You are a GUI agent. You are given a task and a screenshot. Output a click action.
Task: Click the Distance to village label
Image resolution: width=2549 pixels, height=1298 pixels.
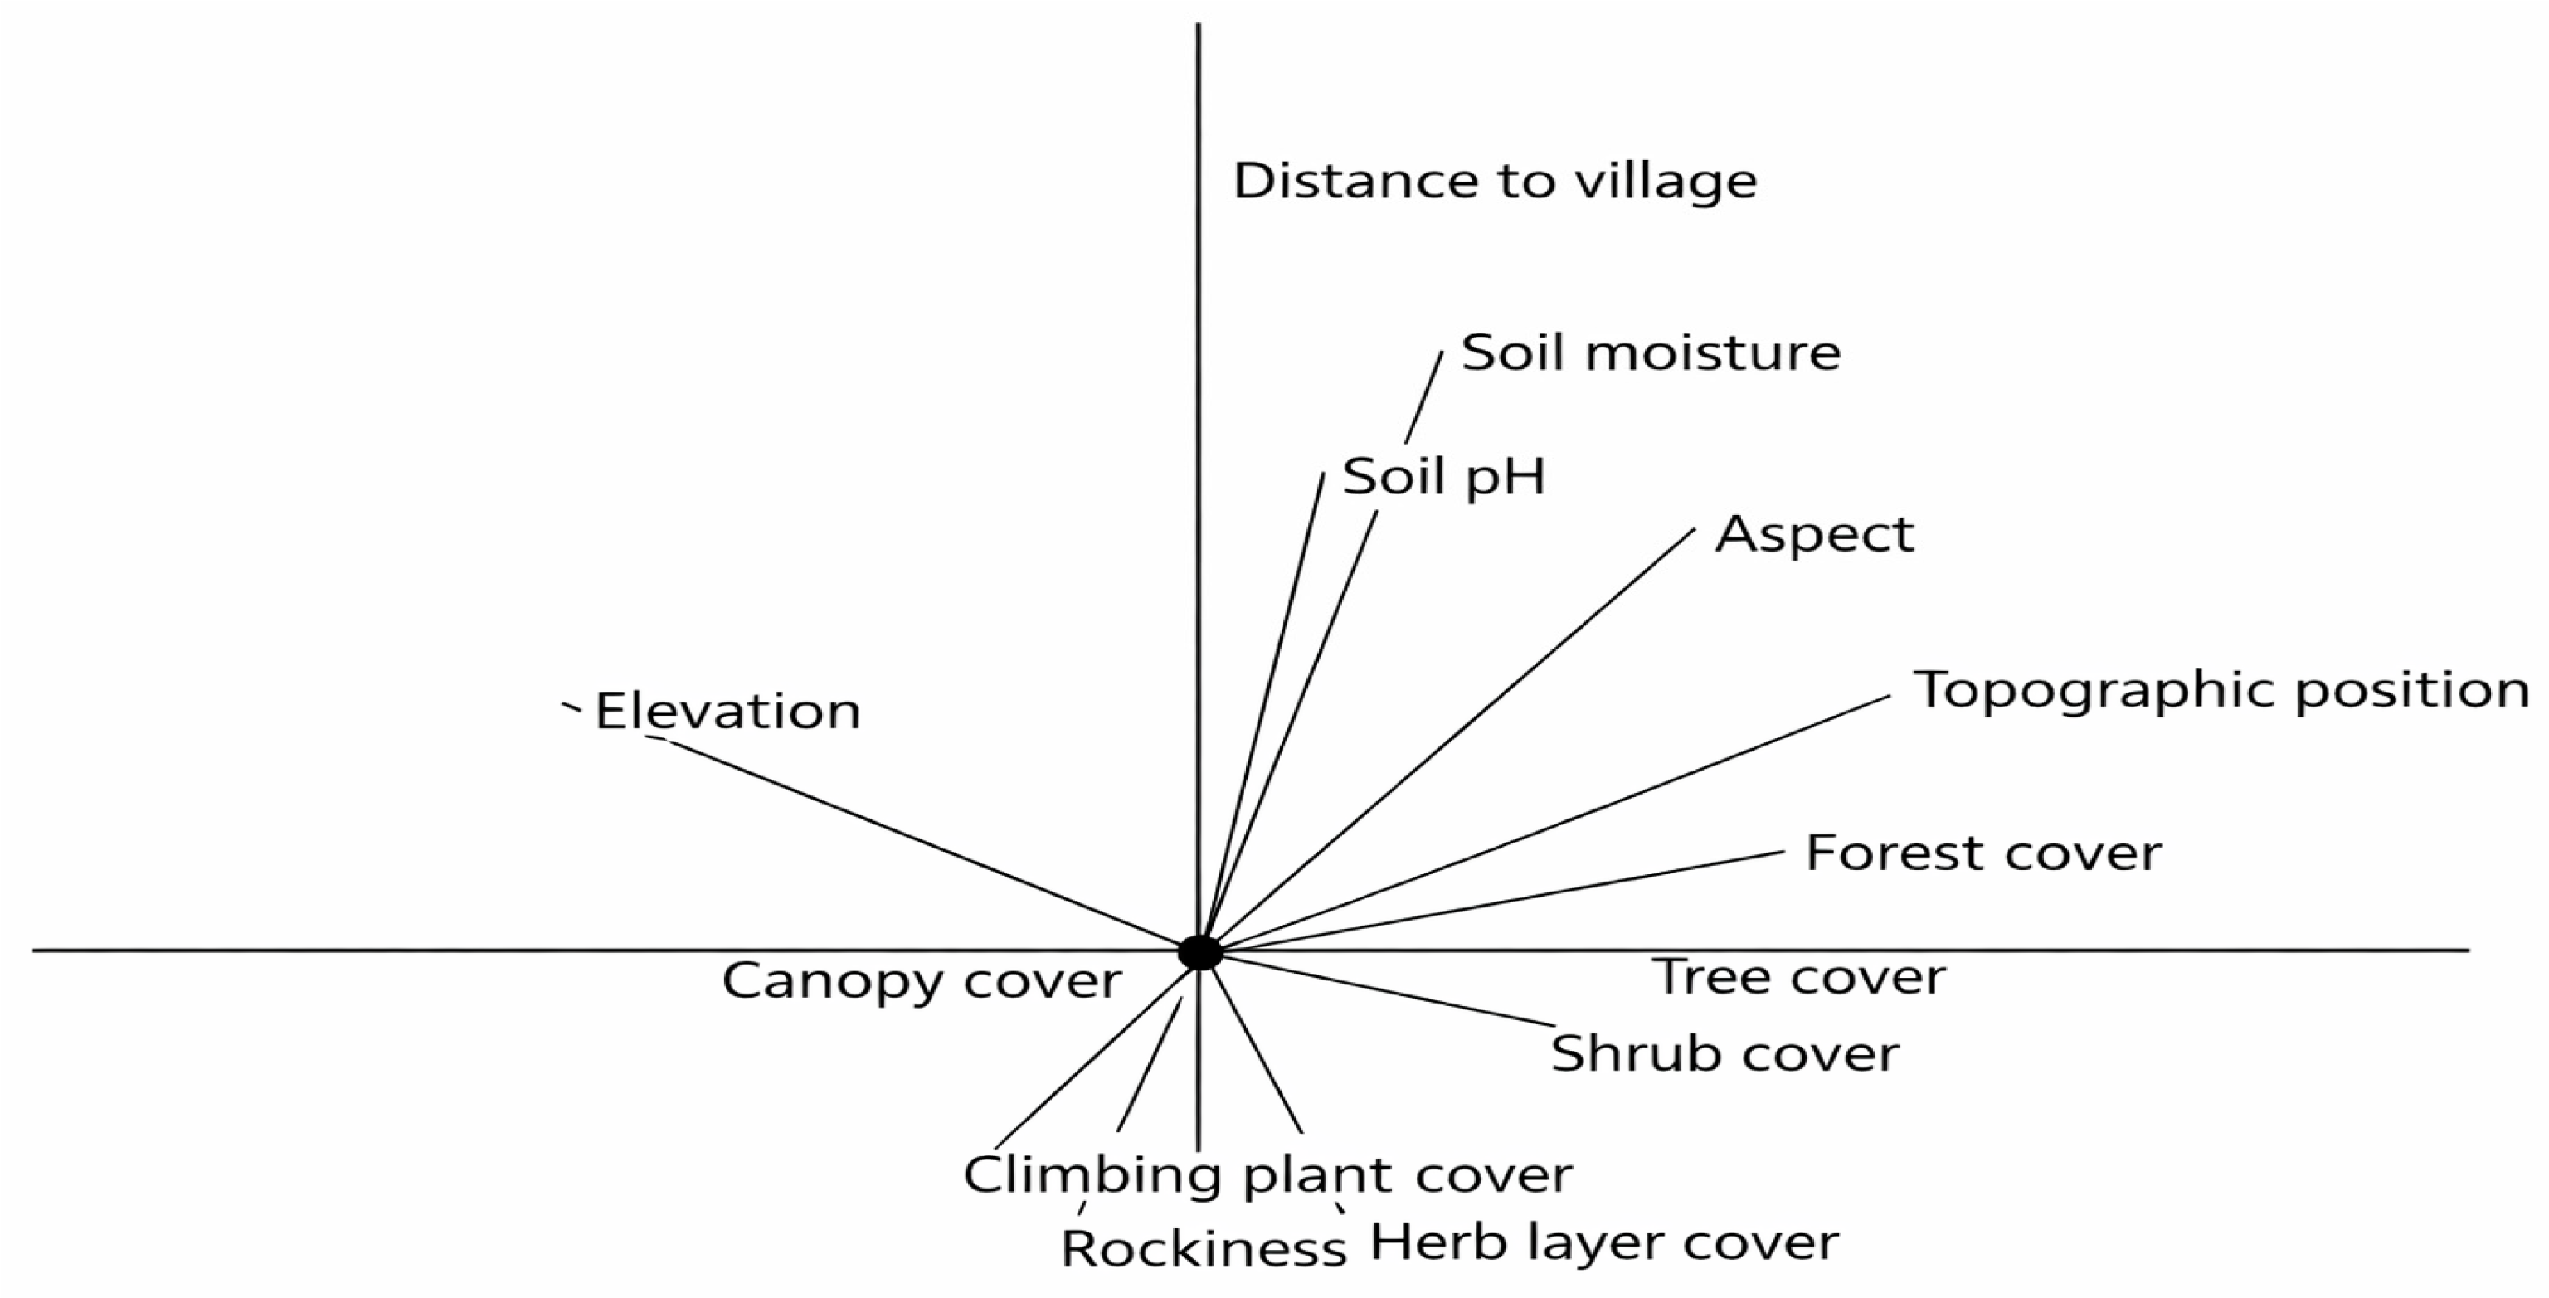(x=1494, y=181)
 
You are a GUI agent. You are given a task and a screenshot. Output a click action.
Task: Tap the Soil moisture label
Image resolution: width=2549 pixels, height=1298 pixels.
(x=1651, y=353)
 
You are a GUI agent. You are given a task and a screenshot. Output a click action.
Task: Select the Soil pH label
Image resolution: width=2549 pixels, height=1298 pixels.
(x=1442, y=477)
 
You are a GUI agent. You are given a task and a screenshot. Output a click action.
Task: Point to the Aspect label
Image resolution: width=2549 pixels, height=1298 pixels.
(x=1814, y=535)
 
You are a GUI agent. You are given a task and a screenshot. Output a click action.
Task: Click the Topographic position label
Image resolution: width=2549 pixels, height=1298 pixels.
(x=2221, y=691)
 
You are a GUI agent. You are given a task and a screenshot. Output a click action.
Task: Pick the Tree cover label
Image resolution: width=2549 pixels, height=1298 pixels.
(x=1799, y=978)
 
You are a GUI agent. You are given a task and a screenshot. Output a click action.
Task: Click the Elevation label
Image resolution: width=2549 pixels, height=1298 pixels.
(x=727, y=712)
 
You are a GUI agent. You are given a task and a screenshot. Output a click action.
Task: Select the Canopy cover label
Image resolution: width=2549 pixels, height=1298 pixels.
(x=922, y=981)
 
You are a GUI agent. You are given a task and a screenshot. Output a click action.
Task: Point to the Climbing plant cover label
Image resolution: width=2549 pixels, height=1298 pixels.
(x=1267, y=1175)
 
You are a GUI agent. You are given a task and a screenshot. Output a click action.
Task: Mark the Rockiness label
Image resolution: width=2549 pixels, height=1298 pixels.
(x=1204, y=1250)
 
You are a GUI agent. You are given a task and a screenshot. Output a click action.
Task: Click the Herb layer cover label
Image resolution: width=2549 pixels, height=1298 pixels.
(x=1603, y=1242)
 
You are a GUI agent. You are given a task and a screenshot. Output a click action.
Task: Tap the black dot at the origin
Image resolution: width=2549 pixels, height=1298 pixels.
(x=1199, y=952)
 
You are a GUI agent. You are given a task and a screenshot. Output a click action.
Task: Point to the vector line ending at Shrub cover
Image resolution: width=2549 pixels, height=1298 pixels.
(x=1385, y=989)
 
